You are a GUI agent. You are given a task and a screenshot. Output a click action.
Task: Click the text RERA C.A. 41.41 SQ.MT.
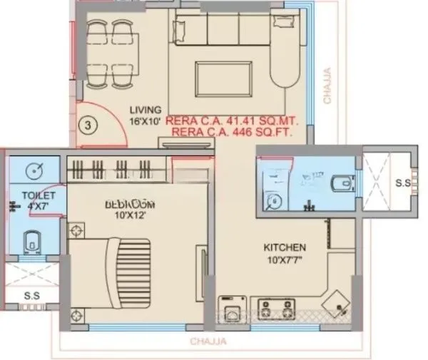[231, 121]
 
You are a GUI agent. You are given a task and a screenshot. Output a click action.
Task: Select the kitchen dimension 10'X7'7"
[285, 260]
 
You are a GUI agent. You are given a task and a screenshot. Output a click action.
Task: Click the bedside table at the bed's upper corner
[77, 230]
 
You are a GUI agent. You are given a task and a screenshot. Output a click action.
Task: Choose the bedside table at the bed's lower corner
[77, 314]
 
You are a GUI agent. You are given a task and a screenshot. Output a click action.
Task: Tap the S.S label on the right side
[402, 182]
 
